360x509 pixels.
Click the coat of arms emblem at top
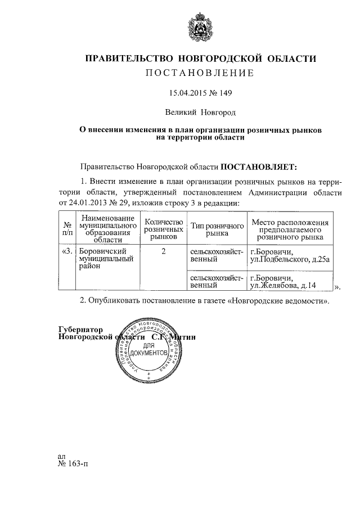pyautogui.click(x=200, y=28)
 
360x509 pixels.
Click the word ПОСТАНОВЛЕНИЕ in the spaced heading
pyautogui.click(x=200, y=73)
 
